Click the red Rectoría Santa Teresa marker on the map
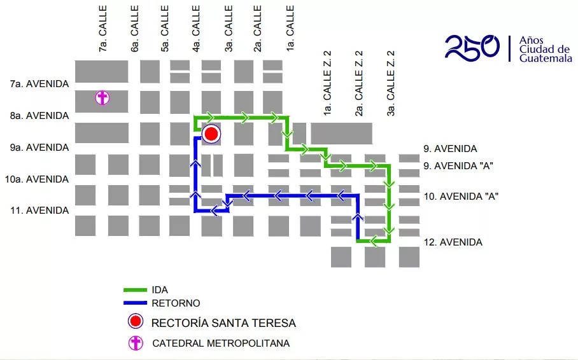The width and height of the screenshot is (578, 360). click(x=211, y=134)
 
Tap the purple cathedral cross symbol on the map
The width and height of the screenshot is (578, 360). click(x=102, y=98)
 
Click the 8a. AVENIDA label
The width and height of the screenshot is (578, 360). click(x=39, y=116)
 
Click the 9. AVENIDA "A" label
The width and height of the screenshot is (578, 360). click(x=458, y=166)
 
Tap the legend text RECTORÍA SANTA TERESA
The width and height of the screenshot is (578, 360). click(x=223, y=323)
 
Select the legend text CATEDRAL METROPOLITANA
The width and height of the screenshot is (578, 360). click(x=221, y=343)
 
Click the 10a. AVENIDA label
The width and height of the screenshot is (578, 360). click(x=37, y=179)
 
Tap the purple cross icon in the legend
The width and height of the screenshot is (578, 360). click(x=135, y=343)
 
